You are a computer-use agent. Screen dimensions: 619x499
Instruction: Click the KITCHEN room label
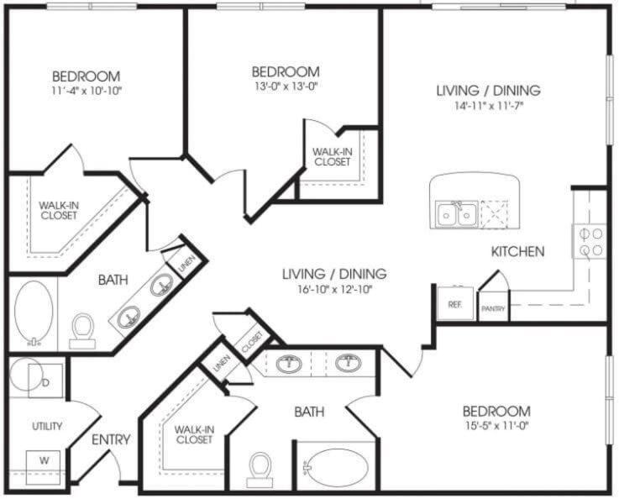[x=517, y=251]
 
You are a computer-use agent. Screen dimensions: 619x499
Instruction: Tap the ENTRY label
[x=111, y=439]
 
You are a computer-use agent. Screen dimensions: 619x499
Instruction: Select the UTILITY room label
[x=47, y=426]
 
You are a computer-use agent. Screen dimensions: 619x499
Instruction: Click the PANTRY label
[x=493, y=308]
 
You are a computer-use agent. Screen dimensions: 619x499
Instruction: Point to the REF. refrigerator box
[x=455, y=303]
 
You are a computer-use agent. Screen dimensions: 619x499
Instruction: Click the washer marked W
[x=44, y=467]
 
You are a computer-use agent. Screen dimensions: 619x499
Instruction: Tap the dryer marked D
[x=45, y=381]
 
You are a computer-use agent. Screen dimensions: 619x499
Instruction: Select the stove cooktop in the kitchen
[x=589, y=242]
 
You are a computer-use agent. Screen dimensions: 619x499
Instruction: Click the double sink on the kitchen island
[x=456, y=213]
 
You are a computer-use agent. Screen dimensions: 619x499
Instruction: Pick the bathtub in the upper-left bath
[x=34, y=312]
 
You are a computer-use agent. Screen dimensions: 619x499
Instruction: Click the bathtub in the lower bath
[x=337, y=467]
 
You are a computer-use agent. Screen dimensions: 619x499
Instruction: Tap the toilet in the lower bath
[x=260, y=470]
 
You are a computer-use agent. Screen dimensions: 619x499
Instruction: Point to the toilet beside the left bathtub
[x=82, y=331]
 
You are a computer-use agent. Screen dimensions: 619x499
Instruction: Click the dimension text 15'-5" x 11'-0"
[x=496, y=426]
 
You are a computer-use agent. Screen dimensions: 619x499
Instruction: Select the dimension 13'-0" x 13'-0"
[x=286, y=86]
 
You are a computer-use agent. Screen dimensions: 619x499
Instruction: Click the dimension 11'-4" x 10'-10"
[x=86, y=91]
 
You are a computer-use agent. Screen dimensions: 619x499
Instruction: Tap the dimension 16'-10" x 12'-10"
[x=335, y=290]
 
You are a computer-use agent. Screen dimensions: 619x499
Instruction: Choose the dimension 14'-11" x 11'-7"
[x=488, y=106]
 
